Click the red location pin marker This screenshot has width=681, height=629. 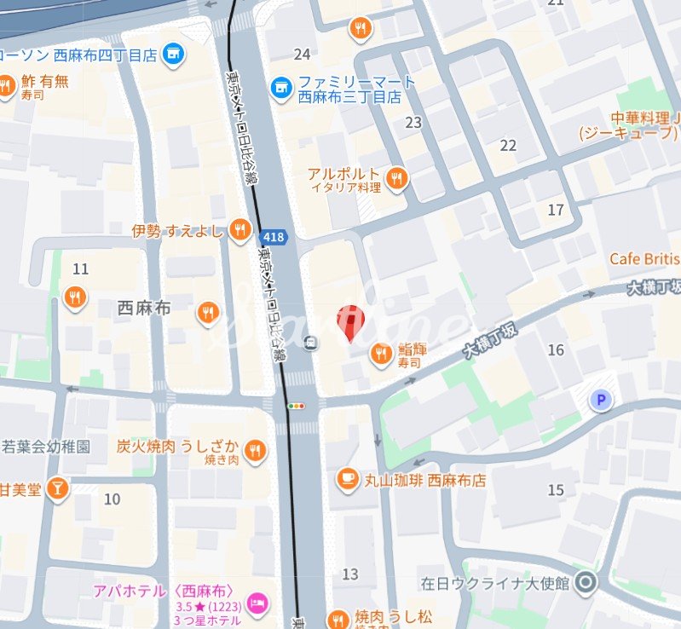click(349, 321)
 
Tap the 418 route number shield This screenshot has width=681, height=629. click(274, 237)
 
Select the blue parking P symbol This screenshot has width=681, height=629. click(603, 400)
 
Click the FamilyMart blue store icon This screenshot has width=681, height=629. click(280, 87)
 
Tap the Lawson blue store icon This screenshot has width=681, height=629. click(175, 55)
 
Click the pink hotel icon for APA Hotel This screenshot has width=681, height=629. click(256, 605)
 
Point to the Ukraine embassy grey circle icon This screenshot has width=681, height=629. click(585, 584)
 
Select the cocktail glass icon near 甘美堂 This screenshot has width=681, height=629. click(57, 488)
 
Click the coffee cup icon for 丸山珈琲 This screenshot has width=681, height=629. click(347, 480)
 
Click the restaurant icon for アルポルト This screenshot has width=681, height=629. click(395, 178)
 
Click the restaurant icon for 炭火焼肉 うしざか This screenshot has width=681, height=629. click(254, 449)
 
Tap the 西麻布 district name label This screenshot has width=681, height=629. click(143, 309)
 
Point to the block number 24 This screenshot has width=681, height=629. click(302, 55)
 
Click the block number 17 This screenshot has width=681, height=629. click(556, 210)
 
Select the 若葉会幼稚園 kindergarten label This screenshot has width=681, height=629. click(46, 446)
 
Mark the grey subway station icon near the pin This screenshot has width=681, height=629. click(312, 343)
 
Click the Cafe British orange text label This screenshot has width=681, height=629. click(644, 259)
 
